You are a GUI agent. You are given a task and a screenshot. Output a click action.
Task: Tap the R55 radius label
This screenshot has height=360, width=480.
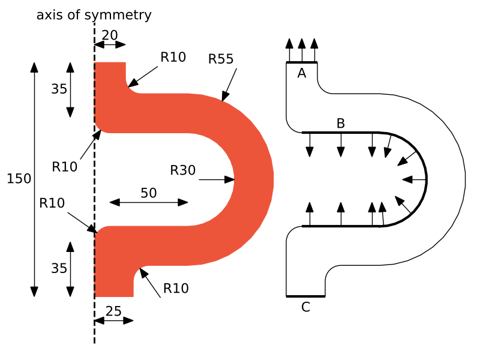pyautogui.click(x=221, y=59)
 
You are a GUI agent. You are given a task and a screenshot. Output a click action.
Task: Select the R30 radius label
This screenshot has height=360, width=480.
pyautogui.click(x=183, y=170)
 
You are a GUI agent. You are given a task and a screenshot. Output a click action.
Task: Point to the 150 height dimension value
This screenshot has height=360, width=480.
pyautogui.click(x=19, y=179)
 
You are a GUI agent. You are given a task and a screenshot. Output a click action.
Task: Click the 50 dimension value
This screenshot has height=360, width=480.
pyautogui.click(x=149, y=193)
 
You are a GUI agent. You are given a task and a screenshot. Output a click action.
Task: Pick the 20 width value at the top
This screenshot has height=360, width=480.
pyautogui.click(x=110, y=35)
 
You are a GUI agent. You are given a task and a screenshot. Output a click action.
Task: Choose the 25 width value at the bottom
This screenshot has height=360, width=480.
pyautogui.click(x=113, y=311)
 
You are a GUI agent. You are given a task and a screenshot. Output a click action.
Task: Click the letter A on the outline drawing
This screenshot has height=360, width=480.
pyautogui.click(x=302, y=73)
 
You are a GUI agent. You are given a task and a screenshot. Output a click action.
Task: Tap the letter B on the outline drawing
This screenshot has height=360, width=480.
pyautogui.click(x=340, y=124)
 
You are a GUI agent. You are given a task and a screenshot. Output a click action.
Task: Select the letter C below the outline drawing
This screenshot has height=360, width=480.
pyautogui.click(x=305, y=307)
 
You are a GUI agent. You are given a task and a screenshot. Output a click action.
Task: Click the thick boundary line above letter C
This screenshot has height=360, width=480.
pyautogui.click(x=305, y=296)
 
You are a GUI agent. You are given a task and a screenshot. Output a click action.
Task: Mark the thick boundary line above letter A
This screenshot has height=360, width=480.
pyautogui.click(x=302, y=62)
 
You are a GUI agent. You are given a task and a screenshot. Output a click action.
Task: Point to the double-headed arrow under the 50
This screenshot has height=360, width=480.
pyautogui.click(x=149, y=203)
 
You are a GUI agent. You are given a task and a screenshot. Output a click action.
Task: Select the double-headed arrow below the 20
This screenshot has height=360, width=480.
pyautogui.click(x=110, y=44)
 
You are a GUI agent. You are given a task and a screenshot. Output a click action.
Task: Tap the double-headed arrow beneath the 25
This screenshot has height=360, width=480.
pyautogui.click(x=113, y=320)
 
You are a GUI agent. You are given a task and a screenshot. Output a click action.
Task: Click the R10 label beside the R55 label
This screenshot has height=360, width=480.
pyautogui.click(x=173, y=57)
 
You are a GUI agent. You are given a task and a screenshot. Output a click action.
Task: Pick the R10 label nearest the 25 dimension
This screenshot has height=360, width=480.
pyautogui.click(x=176, y=288)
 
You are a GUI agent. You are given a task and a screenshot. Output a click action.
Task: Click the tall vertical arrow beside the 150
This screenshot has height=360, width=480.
pyautogui.click(x=34, y=179)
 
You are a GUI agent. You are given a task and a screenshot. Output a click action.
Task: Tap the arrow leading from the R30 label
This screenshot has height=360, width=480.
pyautogui.click(x=216, y=179)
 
